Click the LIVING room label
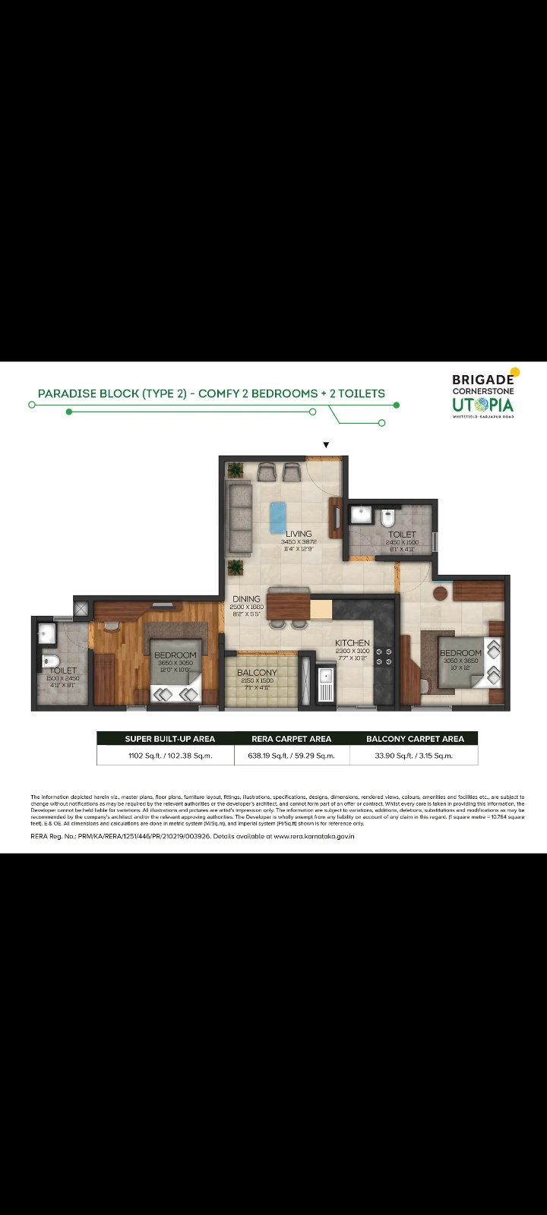299,534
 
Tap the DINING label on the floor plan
246,599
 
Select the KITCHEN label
353,643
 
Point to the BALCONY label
257,673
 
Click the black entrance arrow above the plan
327,445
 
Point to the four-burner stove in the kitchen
384,656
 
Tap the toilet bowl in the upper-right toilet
387,519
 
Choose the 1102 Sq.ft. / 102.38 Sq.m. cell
169,756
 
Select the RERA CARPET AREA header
291,738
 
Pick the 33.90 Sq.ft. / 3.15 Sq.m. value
414,756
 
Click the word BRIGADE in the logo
482,380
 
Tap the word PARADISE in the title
67,393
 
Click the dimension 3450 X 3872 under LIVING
298,542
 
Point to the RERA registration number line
191,836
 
